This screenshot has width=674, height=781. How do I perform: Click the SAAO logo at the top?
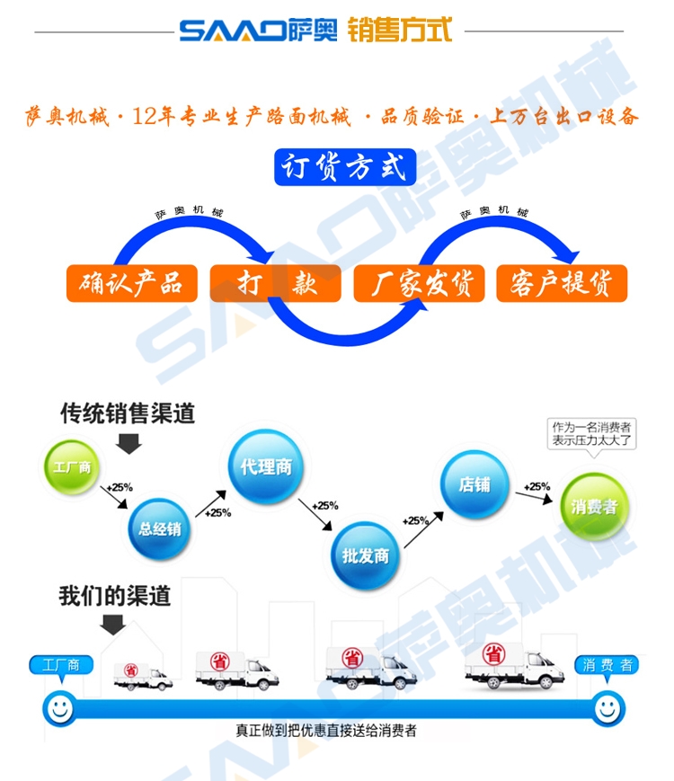coord(259,31)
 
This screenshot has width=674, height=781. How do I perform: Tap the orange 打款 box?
coord(275,284)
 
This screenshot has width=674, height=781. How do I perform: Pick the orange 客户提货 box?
coord(562,284)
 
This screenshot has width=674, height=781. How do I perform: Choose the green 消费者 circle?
coord(595,506)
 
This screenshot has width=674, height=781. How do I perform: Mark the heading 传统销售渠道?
coord(128,413)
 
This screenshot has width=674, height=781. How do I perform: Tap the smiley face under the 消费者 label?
coord(608,707)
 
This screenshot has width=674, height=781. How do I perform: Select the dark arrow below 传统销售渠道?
coord(129,441)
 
